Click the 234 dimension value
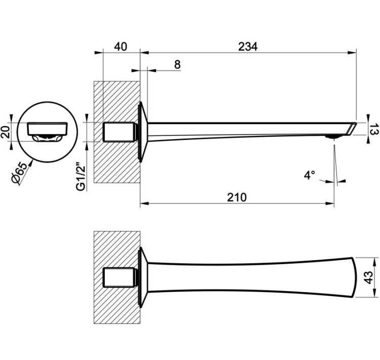click(248, 47)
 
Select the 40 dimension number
click(121, 47)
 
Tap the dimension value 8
click(177, 64)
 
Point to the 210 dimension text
click(237, 197)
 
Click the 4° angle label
click(310, 175)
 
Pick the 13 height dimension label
click(374, 129)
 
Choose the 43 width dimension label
click(368, 277)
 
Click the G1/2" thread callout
click(81, 175)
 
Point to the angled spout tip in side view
click(352, 128)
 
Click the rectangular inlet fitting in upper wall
click(119, 132)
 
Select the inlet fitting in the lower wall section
click(119, 277)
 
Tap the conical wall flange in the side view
click(143, 132)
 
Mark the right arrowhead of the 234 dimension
click(352, 53)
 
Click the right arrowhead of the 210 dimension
click(330, 203)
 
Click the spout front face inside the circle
click(47, 129)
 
